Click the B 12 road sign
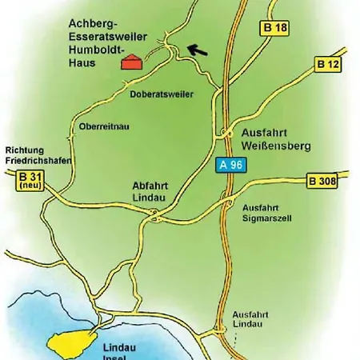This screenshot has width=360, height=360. click(328, 63)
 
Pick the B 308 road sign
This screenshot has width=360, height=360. click(323, 181)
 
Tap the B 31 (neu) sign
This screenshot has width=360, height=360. click(29, 179)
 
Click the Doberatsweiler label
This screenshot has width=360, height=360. click(162, 94)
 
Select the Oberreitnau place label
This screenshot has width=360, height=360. click(104, 127)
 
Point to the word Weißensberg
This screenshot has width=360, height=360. click(275, 147)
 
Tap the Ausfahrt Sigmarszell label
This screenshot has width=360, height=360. click(264, 212)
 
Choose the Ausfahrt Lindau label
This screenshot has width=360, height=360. click(252, 320)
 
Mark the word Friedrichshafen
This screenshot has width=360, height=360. click(38, 160)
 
